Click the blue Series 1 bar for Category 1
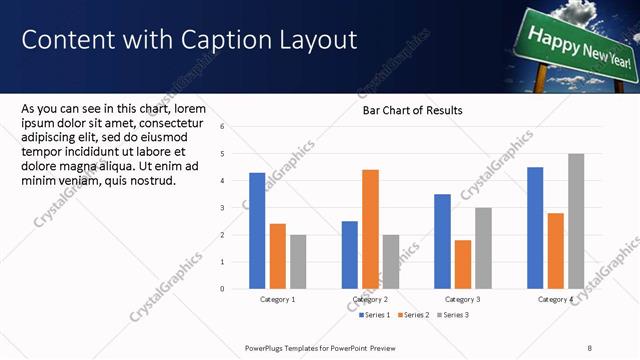(x=257, y=231)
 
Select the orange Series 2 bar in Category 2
(x=370, y=229)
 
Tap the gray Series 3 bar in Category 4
(x=575, y=221)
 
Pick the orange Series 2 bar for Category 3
(x=462, y=264)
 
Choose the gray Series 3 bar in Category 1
(x=298, y=262)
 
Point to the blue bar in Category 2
(x=349, y=255)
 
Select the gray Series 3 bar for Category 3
(x=483, y=248)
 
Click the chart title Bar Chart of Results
(x=412, y=111)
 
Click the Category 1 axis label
(x=277, y=299)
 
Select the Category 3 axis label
(x=462, y=299)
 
